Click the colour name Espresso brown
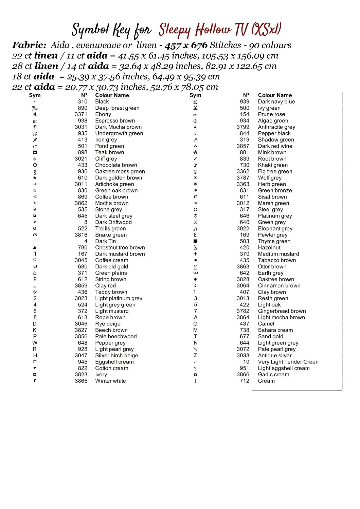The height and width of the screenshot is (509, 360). click(x=115, y=121)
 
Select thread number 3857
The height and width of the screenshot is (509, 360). click(x=243, y=146)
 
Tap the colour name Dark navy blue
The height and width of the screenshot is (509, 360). click(x=276, y=102)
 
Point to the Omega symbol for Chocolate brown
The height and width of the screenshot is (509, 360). click(x=35, y=165)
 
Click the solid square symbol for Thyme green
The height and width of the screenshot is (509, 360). click(x=195, y=241)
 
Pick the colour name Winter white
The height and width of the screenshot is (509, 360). click(x=110, y=381)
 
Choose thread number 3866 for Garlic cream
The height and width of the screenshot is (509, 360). click(x=243, y=375)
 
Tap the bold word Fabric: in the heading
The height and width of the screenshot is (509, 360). click(x=29, y=45)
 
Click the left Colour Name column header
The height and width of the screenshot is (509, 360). click(x=112, y=95)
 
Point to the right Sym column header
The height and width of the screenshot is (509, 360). click(x=195, y=95)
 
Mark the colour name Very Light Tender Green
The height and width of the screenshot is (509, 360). click(x=288, y=362)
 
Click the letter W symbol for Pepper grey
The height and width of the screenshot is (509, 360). click(x=35, y=343)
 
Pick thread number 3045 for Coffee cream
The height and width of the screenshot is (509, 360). click(x=81, y=260)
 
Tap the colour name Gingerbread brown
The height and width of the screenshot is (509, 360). click(x=282, y=311)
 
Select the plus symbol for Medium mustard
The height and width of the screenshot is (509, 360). click(x=195, y=254)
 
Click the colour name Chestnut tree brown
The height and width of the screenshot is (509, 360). click(x=120, y=248)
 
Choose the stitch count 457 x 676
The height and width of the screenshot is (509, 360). click(x=186, y=45)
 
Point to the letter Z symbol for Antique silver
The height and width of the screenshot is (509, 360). click(x=195, y=356)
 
